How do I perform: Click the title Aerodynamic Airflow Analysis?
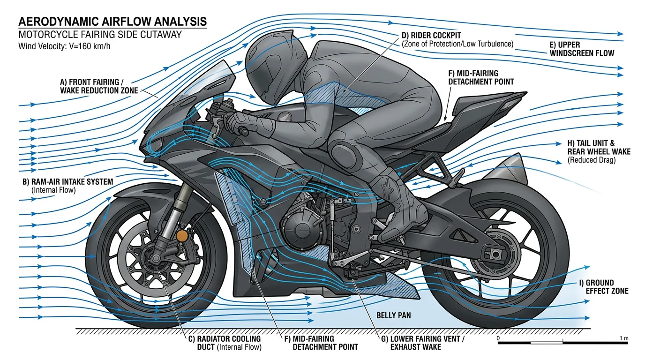tap(112, 22)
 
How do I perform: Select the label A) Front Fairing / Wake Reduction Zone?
tap(99, 86)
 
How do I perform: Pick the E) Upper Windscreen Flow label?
tap(581, 49)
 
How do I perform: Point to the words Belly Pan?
tap(394, 315)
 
